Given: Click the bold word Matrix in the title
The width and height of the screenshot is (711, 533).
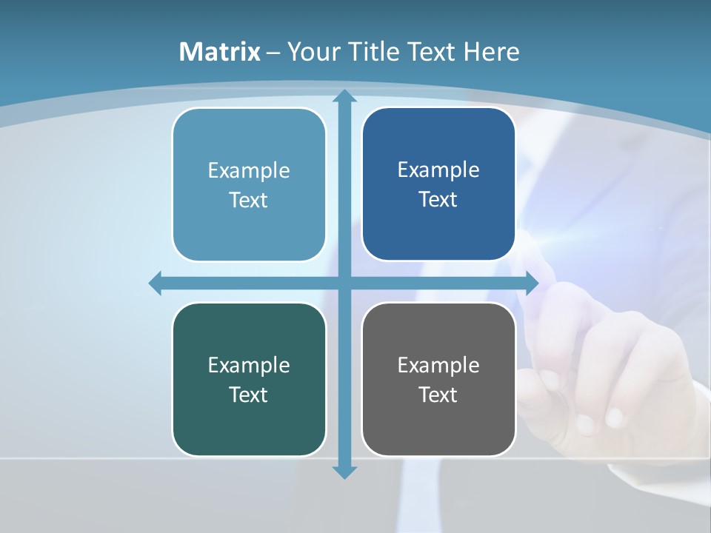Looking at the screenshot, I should tap(219, 52).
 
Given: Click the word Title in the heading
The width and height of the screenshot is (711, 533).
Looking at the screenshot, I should tap(375, 52).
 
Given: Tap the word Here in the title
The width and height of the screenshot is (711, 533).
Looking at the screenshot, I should tap(492, 52).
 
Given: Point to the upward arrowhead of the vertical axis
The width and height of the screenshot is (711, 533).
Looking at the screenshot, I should tap(344, 96).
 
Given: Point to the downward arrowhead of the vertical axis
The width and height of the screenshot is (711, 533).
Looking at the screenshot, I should tap(344, 472).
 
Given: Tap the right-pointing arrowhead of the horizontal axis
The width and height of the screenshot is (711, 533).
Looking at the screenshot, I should tap(531, 283).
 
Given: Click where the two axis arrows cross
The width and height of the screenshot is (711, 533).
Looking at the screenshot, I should tap(344, 283).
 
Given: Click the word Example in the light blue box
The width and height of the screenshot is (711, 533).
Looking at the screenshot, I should tap(249, 170).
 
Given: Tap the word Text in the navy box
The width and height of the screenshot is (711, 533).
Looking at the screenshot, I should tap(438, 199).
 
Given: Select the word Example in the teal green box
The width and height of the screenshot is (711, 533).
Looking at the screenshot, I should tap(249, 365).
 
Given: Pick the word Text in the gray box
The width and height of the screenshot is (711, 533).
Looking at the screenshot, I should tap(438, 395).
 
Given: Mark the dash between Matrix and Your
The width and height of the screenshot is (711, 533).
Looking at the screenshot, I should tap(273, 52).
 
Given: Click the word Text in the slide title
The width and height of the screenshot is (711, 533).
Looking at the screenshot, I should tap(433, 52).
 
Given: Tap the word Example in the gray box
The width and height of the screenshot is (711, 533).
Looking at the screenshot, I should tap(438, 365).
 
